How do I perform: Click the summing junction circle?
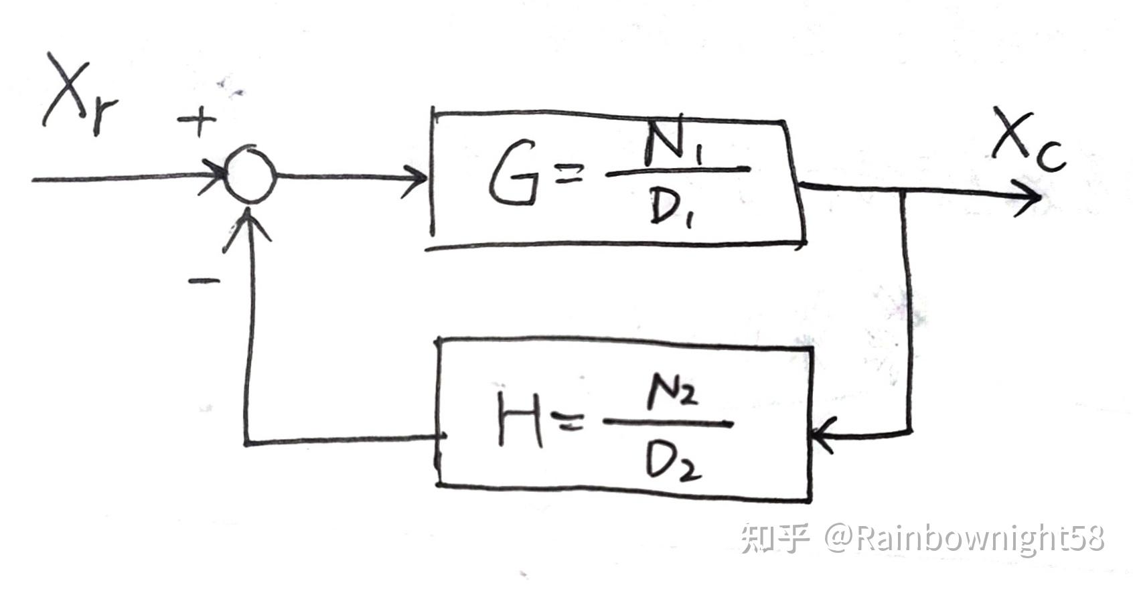249,175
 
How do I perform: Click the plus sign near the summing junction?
197,122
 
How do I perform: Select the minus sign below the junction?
203,281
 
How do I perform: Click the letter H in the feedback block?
520,420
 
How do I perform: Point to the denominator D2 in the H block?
672,461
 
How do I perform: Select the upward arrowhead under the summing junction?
250,224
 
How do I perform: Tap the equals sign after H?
566,422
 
